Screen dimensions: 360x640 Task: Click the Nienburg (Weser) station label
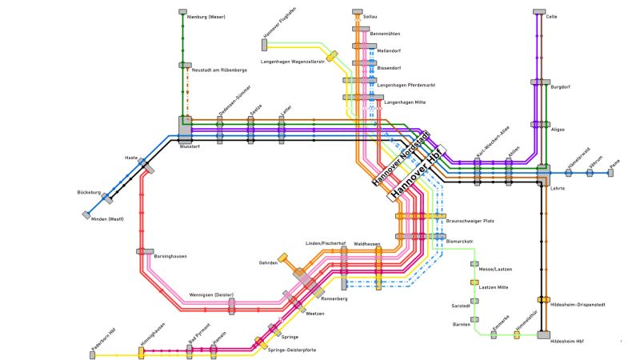pyautogui.click(x=206, y=16)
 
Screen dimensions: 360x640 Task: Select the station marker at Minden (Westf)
pyautogui.click(x=86, y=214)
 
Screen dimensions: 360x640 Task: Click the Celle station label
pyautogui.click(x=551, y=16)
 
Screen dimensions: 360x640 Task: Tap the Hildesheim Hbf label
pyautogui.click(x=567, y=342)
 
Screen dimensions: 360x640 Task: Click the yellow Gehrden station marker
pyautogui.click(x=282, y=259)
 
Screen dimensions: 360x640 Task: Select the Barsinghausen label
pyautogui.click(x=170, y=257)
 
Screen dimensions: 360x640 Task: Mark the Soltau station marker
pyautogui.click(x=357, y=13)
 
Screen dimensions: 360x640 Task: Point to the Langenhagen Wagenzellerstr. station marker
pyautogui.click(x=331, y=56)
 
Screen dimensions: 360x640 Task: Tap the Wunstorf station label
pyautogui.click(x=190, y=147)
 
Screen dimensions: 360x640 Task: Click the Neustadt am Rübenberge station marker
pyautogui.click(x=185, y=66)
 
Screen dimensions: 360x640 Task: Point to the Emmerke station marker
pyautogui.click(x=494, y=334)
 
